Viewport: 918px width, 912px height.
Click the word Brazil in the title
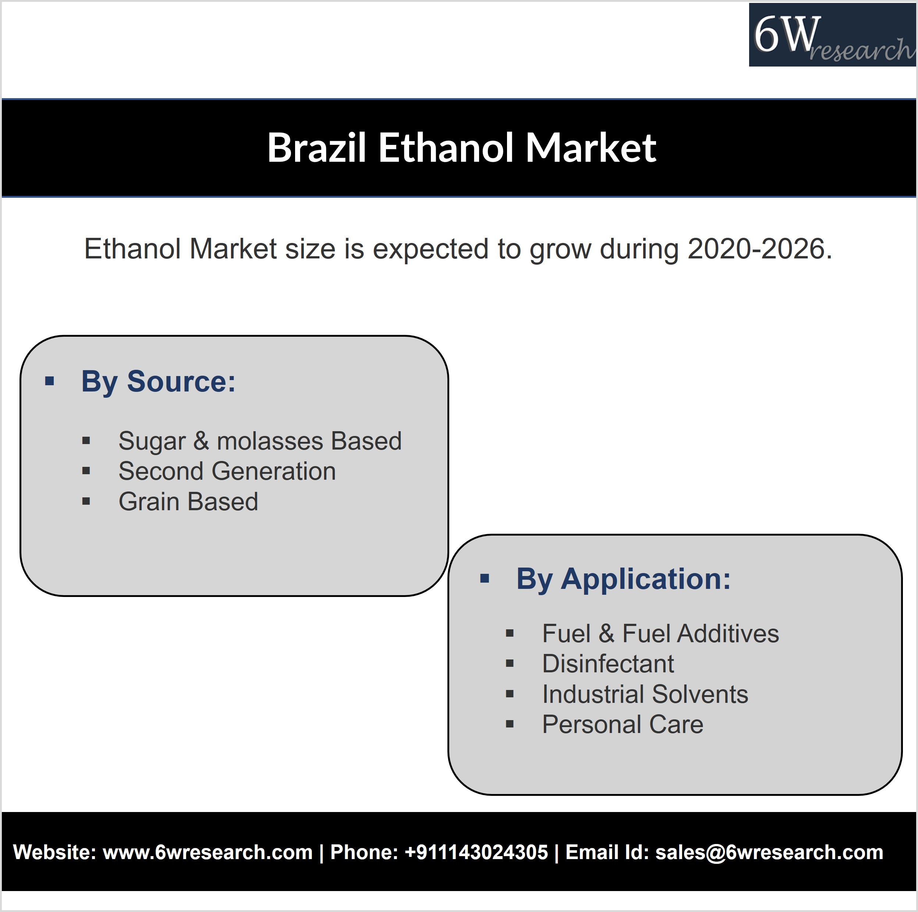coord(316,148)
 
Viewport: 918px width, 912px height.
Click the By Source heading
coord(158,382)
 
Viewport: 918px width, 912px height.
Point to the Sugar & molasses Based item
coord(260,441)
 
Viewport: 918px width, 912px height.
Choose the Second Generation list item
coord(227,471)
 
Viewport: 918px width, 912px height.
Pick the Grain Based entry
coord(188,502)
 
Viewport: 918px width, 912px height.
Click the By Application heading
coord(623,579)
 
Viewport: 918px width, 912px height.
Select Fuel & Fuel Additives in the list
coord(660,634)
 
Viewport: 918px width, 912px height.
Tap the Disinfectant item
coord(608,664)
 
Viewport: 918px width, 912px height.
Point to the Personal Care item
coord(623,725)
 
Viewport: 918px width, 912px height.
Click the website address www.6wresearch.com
coord(208,852)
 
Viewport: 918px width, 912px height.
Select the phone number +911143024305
coord(476,852)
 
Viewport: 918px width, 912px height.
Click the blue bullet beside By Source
coord(49,381)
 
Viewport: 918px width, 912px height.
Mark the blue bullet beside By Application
coord(485,579)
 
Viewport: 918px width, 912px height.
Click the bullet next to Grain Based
coord(86,501)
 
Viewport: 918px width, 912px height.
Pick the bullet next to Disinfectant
coord(510,664)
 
